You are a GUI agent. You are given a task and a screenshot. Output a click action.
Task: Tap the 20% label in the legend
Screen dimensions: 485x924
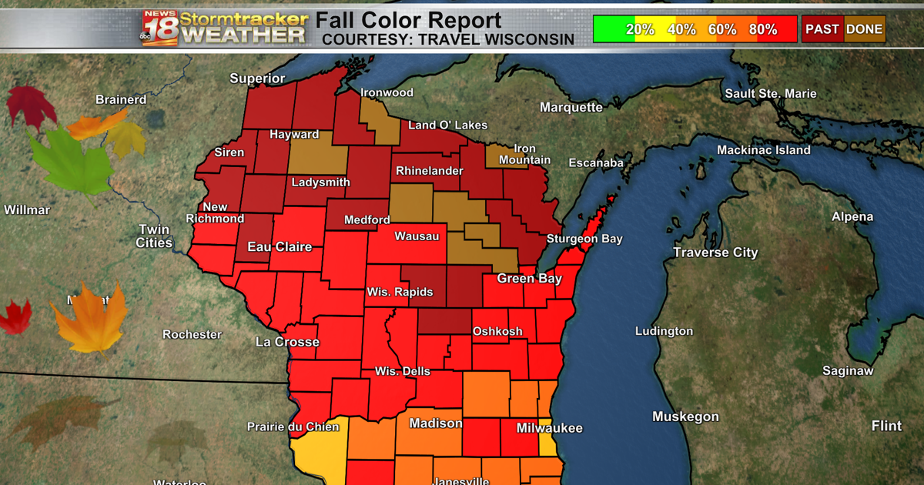tap(640, 30)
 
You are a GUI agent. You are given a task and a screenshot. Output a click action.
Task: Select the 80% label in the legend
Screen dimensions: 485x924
tap(763, 30)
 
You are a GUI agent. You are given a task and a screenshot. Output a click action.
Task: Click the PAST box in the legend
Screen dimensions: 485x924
tap(822, 30)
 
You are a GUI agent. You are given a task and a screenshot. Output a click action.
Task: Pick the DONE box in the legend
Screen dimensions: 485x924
tap(865, 30)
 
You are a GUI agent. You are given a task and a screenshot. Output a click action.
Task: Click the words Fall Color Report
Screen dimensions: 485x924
tap(408, 20)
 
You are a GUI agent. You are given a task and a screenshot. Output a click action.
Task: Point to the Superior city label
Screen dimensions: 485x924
tap(257, 79)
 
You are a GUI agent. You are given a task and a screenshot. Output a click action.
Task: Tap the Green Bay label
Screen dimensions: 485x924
tap(529, 279)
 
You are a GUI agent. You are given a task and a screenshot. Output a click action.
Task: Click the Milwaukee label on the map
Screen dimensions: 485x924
tap(549, 428)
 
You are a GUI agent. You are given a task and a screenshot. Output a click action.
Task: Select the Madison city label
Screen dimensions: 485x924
tap(436, 423)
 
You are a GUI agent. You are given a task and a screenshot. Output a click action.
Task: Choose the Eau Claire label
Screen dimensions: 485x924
tap(280, 247)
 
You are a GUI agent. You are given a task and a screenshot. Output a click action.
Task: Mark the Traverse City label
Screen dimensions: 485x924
tap(715, 253)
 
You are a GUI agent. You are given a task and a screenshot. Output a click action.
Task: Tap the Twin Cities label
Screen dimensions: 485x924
tap(155, 236)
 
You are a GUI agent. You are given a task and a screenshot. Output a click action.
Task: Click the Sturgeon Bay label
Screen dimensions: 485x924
tap(584, 239)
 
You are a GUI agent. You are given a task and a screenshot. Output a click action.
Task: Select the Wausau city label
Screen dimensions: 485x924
tap(417, 236)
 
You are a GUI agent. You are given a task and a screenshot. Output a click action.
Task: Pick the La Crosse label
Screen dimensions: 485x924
tap(287, 341)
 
